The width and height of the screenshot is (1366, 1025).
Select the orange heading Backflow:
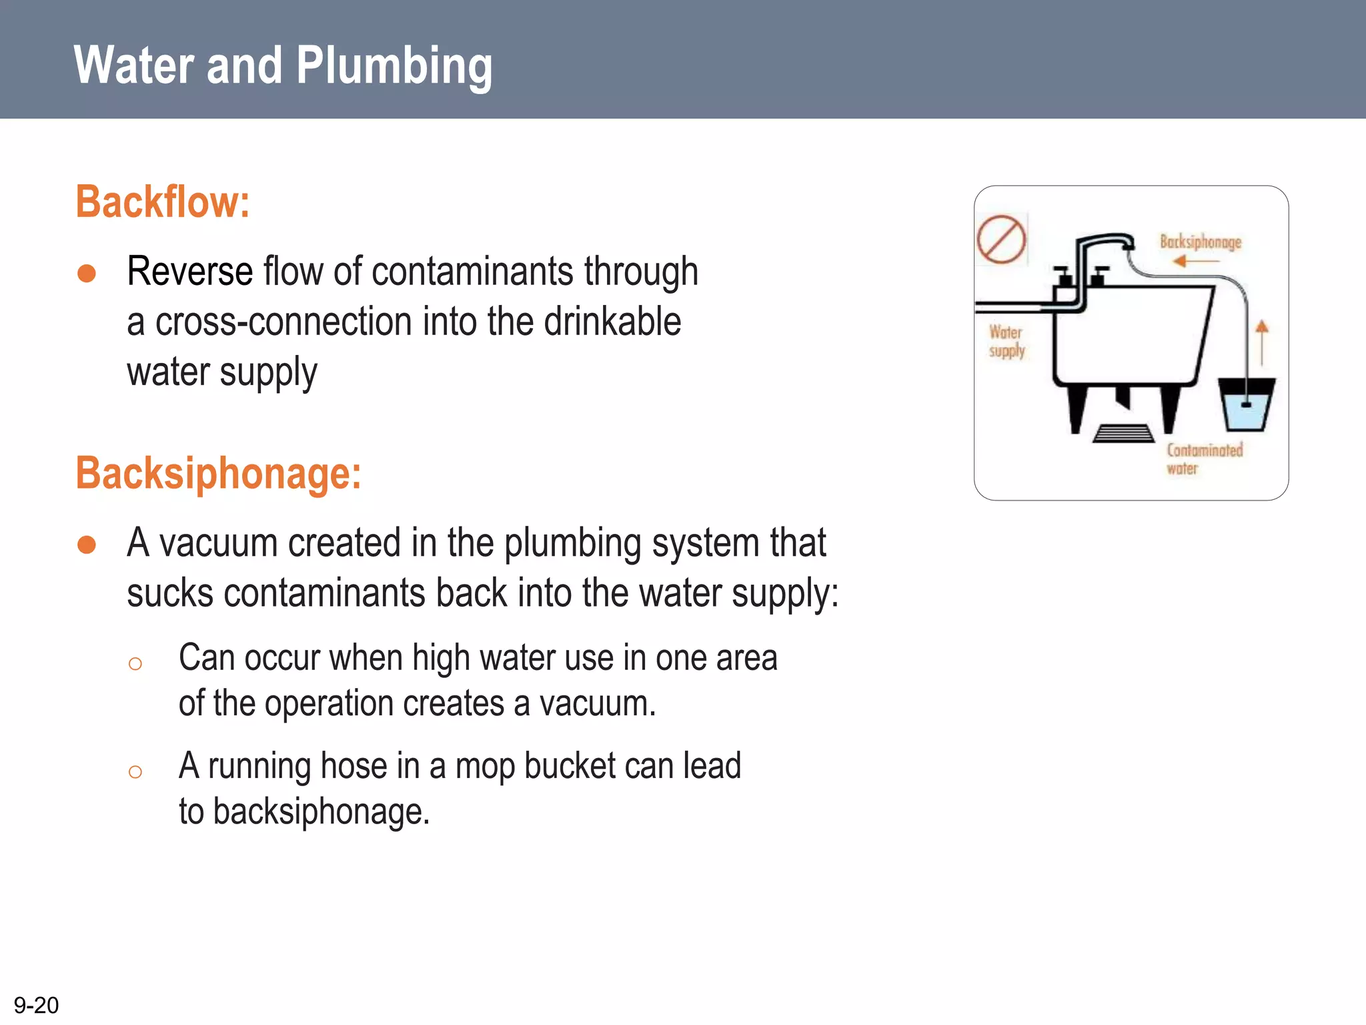pos(162,202)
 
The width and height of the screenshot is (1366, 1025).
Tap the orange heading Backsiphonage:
pos(218,473)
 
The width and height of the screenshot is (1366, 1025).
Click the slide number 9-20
pos(36,1005)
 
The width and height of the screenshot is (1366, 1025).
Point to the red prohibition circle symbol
pos(1001,239)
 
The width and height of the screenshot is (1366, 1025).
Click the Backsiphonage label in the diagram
pos(1200,242)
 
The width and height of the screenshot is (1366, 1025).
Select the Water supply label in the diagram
pos(1006,341)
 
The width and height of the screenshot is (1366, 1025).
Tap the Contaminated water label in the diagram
pos(1204,458)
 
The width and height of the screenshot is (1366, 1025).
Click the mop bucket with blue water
pos(1246,404)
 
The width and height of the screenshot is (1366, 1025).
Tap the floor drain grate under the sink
pos(1123,434)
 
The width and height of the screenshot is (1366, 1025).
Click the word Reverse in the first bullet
pos(189,272)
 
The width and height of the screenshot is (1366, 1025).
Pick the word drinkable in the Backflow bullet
pos(612,322)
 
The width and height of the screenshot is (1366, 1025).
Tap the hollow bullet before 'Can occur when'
pos(135,663)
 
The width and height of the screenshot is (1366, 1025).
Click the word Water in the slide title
pos(134,67)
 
